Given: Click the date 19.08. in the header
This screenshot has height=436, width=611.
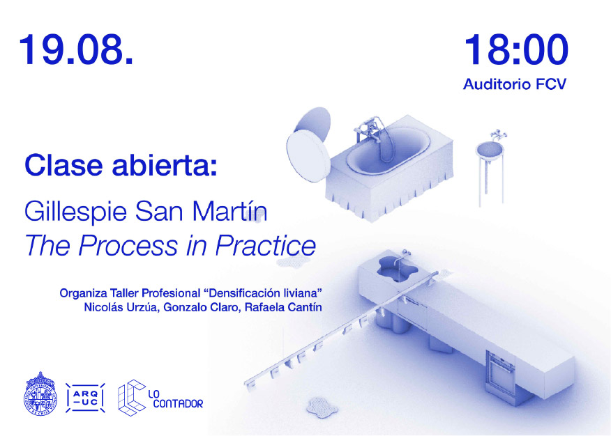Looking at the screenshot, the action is [x=77, y=49].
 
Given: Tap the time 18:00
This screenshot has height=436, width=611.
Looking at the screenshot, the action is [x=516, y=49].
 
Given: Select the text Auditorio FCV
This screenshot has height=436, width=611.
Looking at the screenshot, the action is [x=514, y=84].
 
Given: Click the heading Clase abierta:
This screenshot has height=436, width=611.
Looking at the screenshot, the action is [x=121, y=165].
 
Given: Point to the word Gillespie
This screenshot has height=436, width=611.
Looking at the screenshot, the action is [x=75, y=212].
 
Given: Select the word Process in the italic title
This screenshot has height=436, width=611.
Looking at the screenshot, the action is [x=128, y=246].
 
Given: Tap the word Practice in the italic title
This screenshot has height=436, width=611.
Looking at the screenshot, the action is [x=265, y=245].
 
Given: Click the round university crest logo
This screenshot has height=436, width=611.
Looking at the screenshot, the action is [x=40, y=394].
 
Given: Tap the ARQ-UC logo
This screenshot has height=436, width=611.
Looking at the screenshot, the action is [x=85, y=398].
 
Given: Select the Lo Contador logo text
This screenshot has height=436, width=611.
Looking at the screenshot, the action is [x=175, y=399].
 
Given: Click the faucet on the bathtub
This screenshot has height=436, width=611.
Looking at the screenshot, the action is [x=368, y=130].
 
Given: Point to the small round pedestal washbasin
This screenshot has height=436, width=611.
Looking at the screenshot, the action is [x=490, y=150].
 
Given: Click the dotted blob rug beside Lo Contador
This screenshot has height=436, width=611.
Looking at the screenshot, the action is [x=322, y=407].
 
